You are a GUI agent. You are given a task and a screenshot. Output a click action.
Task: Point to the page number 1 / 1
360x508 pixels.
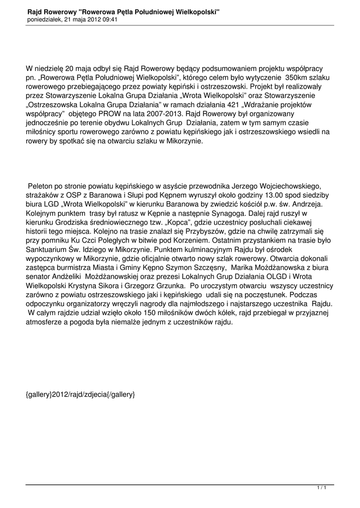[321, 489]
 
